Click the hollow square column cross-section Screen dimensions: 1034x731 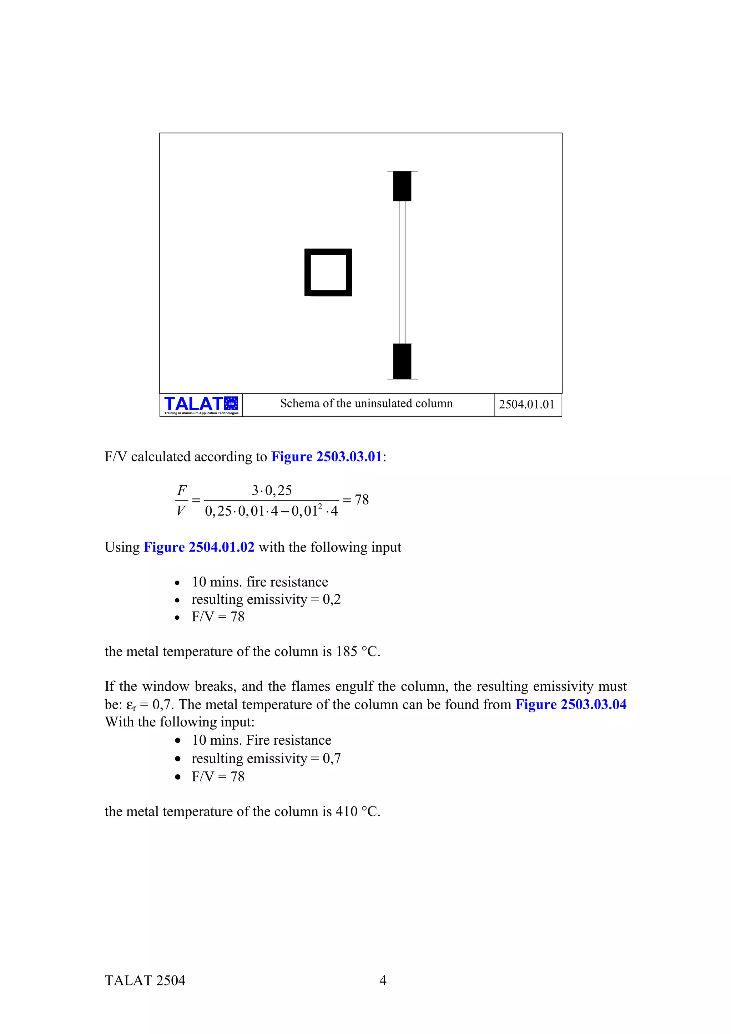tap(328, 273)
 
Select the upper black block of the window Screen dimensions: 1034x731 tap(402, 186)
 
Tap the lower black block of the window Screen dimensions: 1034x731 tap(402, 361)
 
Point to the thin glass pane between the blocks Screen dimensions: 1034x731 tap(403, 273)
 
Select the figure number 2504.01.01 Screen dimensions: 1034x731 tap(526, 404)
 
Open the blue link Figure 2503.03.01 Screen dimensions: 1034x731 tap(327, 457)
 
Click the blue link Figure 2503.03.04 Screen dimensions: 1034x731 tap(571, 704)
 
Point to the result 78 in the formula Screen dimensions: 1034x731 tap(362, 500)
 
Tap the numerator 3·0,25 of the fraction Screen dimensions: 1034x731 tap(272, 490)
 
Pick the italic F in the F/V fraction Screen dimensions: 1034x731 tap(182, 490)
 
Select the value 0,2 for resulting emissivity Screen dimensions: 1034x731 tap(332, 599)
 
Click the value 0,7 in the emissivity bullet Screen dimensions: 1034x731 tap(332, 759)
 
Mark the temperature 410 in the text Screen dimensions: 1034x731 tap(346, 811)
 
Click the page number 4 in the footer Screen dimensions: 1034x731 tap(383, 980)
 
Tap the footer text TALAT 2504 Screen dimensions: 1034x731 tap(145, 981)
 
